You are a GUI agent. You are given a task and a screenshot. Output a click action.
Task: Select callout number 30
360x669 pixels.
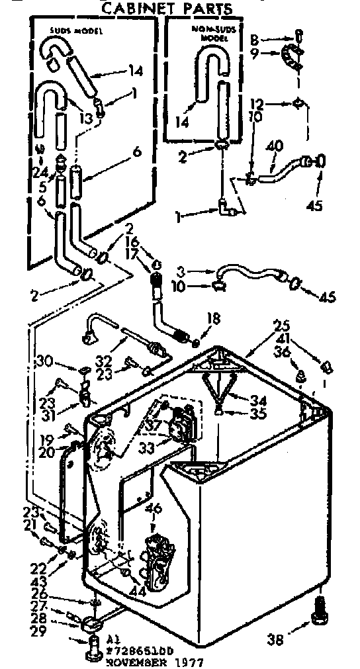coord(44,361)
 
